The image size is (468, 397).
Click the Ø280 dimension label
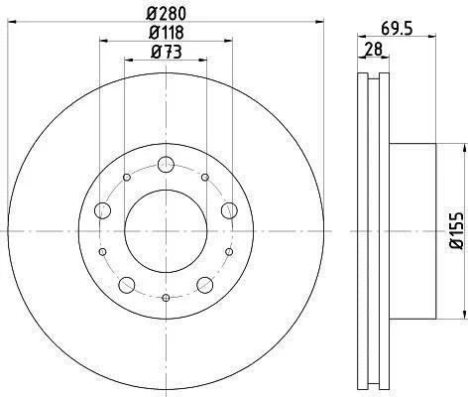167,14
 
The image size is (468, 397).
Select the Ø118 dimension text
167,33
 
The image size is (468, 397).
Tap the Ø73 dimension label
167,52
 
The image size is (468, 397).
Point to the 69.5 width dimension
397,29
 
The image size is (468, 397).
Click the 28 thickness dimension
373,49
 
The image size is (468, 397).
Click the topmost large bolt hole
166,165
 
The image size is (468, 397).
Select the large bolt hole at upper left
102,210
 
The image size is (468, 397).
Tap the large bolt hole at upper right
229,210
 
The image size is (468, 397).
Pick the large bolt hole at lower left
127,285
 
